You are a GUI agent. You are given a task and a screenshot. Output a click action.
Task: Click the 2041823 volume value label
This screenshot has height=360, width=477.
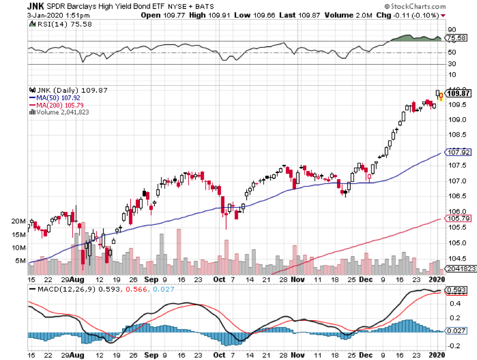tap(458, 269)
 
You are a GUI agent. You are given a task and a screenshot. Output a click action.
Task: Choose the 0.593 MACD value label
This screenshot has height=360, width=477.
tap(456, 290)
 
